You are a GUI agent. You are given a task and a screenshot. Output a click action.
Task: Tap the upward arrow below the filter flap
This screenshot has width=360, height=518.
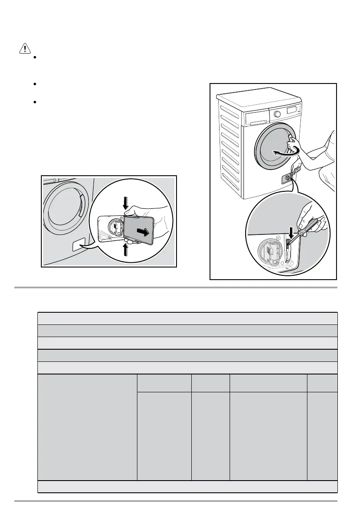point(126,249)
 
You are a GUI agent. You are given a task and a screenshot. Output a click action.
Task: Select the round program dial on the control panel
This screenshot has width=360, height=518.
point(277,114)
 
